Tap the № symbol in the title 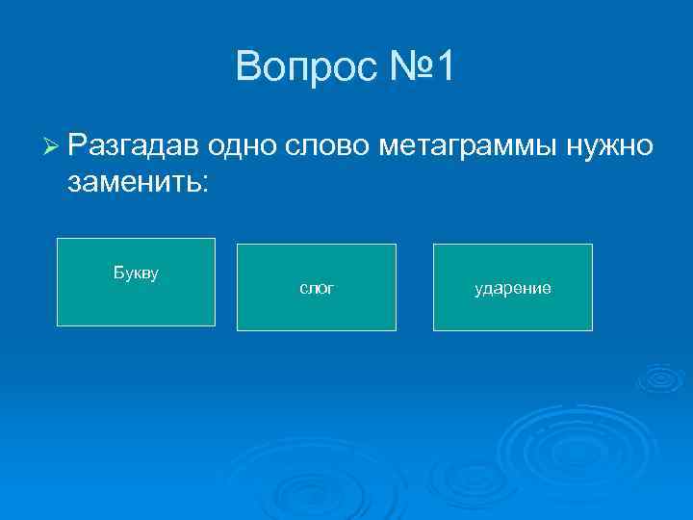pyautogui.click(x=400, y=66)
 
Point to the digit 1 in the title pyautogui.click(x=449, y=66)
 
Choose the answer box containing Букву pyautogui.click(x=136, y=282)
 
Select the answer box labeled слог pyautogui.click(x=317, y=287)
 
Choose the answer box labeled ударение pyautogui.click(x=512, y=287)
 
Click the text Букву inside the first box pyautogui.click(x=136, y=273)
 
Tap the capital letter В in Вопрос pyautogui.click(x=246, y=66)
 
